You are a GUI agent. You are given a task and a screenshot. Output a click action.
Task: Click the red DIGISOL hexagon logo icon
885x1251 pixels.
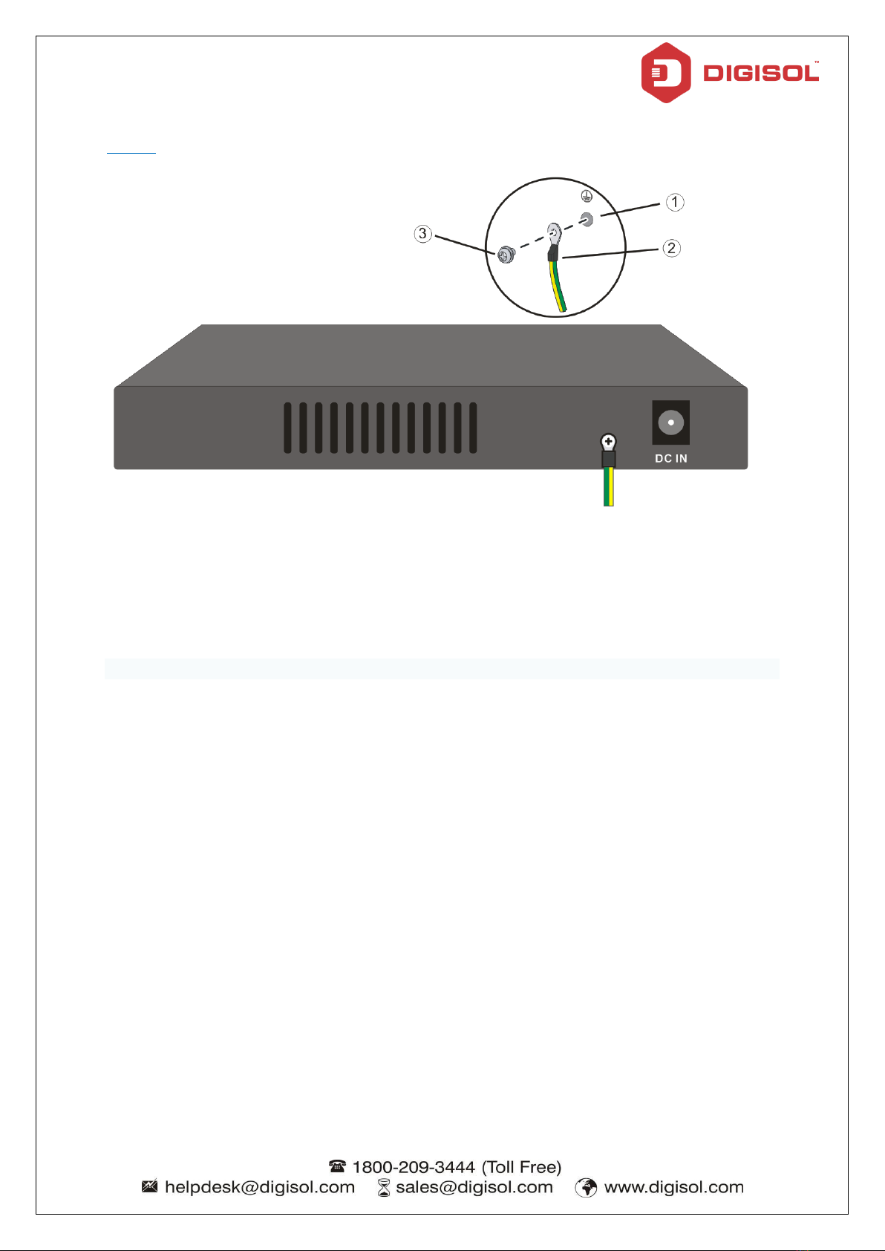[x=666, y=73]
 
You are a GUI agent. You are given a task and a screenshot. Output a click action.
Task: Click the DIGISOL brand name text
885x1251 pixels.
[x=760, y=74]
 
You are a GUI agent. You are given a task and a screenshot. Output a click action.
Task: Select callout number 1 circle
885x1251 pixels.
[x=674, y=202]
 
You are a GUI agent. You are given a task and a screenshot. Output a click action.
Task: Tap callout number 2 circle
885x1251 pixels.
[x=671, y=248]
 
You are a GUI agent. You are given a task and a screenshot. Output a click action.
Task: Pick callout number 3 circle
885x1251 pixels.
[x=422, y=234]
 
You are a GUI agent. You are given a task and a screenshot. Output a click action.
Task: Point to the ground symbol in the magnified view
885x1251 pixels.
[x=585, y=195]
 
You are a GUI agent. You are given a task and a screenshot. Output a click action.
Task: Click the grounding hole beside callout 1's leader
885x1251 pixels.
[x=587, y=219]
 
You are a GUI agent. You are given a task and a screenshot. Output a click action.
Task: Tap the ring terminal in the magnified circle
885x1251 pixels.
[x=554, y=235]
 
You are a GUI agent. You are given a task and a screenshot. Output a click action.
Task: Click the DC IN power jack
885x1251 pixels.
[x=670, y=422]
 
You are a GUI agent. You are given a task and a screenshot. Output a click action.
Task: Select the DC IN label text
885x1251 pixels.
[x=670, y=459]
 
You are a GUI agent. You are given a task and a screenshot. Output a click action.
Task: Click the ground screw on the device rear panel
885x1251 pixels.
[x=608, y=443]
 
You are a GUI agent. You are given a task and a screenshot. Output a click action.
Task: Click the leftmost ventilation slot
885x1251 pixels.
[x=287, y=428]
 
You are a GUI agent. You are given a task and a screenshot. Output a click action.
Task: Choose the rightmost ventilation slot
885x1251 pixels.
[x=473, y=428]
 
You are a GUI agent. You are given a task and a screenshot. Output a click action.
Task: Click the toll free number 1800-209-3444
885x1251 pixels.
[x=414, y=1167]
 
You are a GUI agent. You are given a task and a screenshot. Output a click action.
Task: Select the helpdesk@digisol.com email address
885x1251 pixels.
[x=259, y=1187]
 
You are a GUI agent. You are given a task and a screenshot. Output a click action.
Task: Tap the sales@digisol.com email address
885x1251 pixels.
[x=474, y=1187]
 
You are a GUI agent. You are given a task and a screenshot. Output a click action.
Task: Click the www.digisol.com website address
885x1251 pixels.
[x=673, y=1187]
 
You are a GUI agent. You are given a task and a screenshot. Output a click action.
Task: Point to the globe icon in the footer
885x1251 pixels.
[x=586, y=1188]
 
